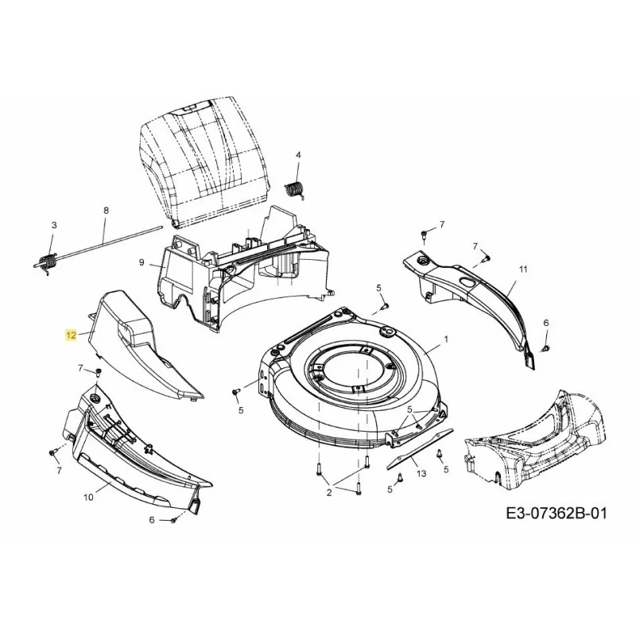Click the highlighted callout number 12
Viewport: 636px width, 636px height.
[71, 335]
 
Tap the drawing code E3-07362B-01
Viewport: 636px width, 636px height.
[556, 514]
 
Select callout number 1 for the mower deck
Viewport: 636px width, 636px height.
[446, 339]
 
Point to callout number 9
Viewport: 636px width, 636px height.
[142, 262]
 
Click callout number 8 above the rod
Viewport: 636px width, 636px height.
[107, 211]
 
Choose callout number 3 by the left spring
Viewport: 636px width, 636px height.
[54, 225]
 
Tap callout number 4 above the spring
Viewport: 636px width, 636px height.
[299, 155]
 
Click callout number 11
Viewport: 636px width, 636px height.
[523, 269]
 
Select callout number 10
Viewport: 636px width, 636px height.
[88, 497]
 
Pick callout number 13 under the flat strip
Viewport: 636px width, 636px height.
[421, 473]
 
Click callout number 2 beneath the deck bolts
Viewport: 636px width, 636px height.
[329, 493]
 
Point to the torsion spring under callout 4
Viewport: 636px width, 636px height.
[295, 190]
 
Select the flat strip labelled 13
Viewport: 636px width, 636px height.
[420, 448]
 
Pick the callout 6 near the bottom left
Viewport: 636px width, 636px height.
[152, 520]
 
